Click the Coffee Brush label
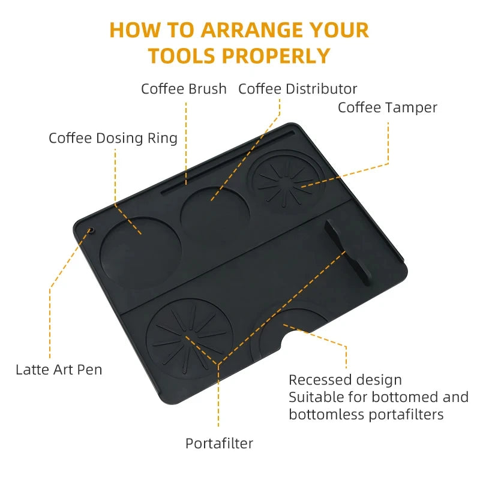point(184,89)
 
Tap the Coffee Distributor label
point(298,89)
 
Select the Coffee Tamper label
point(387,107)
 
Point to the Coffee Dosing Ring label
point(113,138)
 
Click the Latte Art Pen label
point(59,369)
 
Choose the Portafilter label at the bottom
point(219,443)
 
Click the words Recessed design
point(345,380)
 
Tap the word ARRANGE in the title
point(256,29)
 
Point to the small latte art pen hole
point(91,230)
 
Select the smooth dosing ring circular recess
point(140,251)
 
